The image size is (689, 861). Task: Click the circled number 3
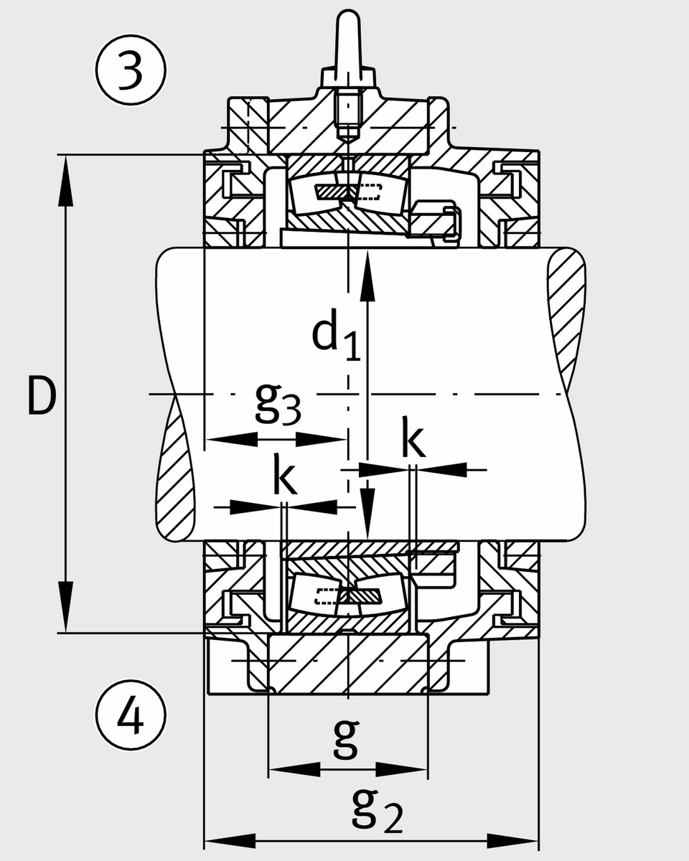point(131,72)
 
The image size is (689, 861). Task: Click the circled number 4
point(131,715)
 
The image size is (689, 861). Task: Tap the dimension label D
point(41,395)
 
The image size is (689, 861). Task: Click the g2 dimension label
point(377,810)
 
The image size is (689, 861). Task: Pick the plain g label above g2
point(346,739)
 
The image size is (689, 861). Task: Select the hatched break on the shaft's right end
point(567,316)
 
